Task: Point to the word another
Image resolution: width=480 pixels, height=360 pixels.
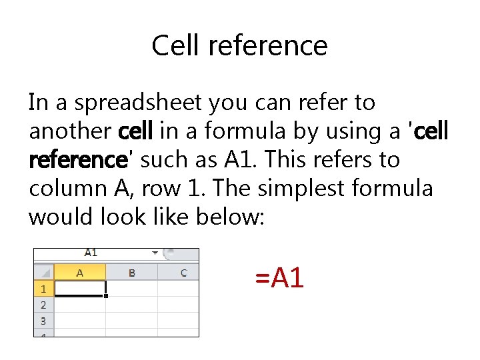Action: [71, 131]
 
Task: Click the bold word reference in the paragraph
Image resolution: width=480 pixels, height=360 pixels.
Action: [78, 160]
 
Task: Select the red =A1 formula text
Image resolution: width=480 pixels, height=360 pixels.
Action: [279, 277]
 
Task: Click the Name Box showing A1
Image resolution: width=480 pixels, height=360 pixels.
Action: [91, 253]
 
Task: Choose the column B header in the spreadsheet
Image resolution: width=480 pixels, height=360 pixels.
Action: [132, 273]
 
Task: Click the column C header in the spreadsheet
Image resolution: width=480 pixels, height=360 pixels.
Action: [183, 273]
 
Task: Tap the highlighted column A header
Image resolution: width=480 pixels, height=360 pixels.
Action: [80, 273]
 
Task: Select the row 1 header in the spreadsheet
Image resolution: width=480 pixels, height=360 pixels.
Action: [43, 289]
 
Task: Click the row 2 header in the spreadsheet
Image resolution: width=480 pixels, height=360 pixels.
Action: [43, 305]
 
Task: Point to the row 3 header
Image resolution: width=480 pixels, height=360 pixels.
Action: [43, 321]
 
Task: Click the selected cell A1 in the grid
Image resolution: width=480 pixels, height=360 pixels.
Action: [79, 289]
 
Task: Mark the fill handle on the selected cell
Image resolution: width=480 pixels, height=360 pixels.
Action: [105, 296]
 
